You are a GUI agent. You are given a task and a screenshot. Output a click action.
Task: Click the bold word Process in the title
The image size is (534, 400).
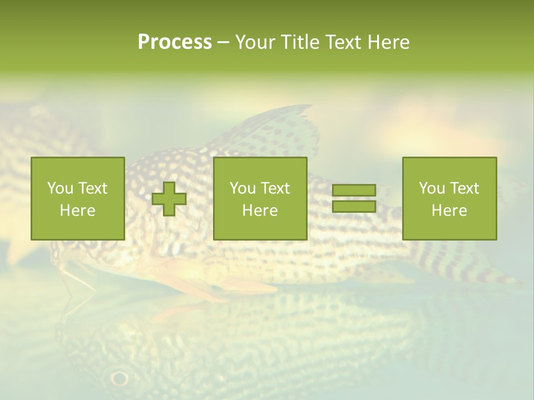click(175, 42)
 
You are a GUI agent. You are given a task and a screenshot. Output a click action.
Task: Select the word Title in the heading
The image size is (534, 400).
click(300, 42)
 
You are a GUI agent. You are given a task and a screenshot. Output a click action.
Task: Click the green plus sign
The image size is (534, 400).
click(169, 199)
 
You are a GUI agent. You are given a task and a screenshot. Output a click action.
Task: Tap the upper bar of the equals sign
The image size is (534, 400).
click(354, 190)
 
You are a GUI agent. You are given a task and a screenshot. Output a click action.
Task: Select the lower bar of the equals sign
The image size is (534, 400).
click(354, 207)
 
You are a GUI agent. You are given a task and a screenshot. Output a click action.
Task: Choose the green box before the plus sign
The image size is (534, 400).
click(77, 198)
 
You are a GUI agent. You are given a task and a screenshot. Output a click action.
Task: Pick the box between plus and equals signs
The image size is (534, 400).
click(260, 198)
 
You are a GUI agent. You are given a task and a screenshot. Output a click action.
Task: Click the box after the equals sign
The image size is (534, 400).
click(449, 198)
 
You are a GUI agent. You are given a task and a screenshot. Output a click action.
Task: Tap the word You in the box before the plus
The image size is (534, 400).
click(60, 188)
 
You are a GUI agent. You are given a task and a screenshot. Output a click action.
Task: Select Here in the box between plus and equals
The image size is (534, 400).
click(260, 211)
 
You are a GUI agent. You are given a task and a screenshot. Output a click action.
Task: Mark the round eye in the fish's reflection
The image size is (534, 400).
click(119, 378)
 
